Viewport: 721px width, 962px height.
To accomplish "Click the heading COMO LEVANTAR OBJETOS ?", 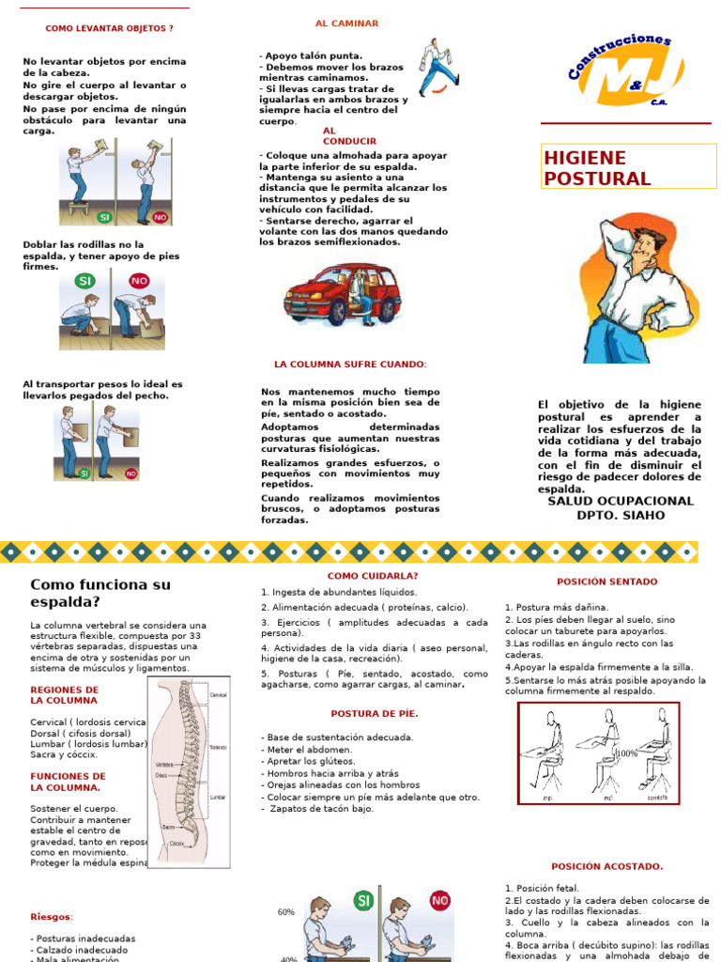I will (110, 28).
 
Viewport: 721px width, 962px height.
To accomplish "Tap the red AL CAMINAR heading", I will (347, 23).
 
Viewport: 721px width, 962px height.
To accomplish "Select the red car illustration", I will (343, 294).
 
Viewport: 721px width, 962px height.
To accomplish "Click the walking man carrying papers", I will (437, 68).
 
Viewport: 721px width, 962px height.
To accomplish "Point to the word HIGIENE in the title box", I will (585, 158).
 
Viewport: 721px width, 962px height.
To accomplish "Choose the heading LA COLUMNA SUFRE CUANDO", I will (350, 364).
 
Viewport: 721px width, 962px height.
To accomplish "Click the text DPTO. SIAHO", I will (620, 515).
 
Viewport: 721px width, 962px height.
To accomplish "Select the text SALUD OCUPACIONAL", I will (620, 501).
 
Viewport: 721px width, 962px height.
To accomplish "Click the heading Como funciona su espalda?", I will (100, 593).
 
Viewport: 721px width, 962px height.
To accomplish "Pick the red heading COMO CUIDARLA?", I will (373, 576).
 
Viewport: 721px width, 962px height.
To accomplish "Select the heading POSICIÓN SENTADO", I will (606, 582).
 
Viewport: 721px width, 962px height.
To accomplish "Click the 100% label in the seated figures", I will (626, 753).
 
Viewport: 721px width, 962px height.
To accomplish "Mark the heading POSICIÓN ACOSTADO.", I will (606, 866).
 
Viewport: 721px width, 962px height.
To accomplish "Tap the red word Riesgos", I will (51, 916).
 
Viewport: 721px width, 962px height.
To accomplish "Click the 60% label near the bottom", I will (286, 912).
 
